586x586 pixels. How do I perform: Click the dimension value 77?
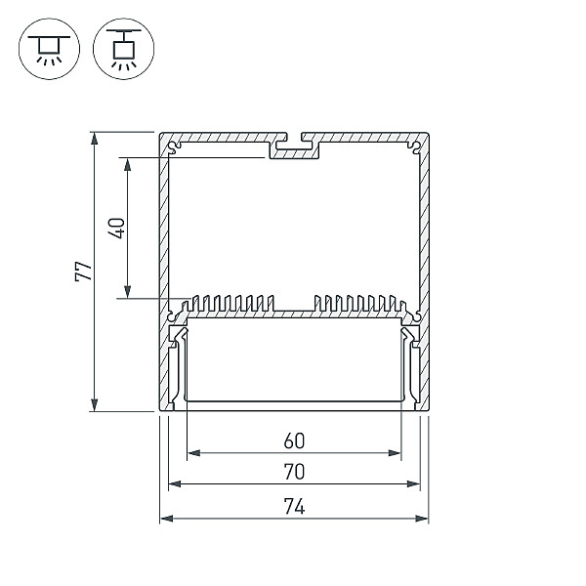[x=83, y=272]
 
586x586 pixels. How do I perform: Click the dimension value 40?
[x=116, y=228]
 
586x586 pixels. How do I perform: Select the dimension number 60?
[x=294, y=441]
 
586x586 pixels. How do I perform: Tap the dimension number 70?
[x=294, y=472]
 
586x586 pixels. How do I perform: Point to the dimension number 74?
[x=294, y=507]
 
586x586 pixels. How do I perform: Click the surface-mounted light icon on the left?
[x=49, y=49]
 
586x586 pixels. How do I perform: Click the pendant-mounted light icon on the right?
[x=123, y=49]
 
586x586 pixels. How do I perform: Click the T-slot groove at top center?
[x=294, y=143]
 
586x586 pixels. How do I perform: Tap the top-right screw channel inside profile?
[x=415, y=147]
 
